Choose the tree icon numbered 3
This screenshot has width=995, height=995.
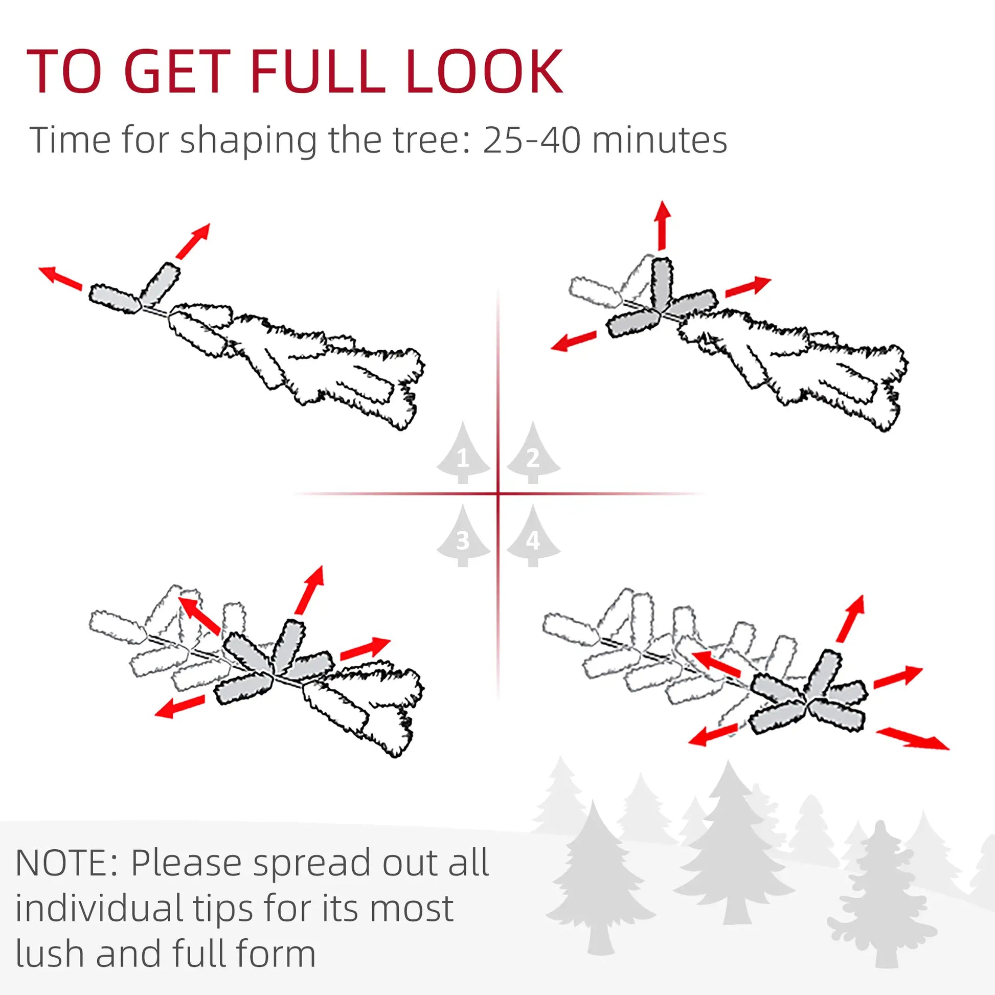point(463,537)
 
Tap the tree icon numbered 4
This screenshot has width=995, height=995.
point(533,537)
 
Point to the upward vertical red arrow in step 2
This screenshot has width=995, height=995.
point(663,225)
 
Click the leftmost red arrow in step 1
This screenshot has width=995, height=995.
point(60,278)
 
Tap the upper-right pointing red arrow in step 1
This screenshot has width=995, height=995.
point(193,240)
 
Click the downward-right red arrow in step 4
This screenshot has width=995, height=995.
point(912,738)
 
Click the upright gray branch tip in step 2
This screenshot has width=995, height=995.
point(661,283)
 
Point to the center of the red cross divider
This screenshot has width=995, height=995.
point(498,494)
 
